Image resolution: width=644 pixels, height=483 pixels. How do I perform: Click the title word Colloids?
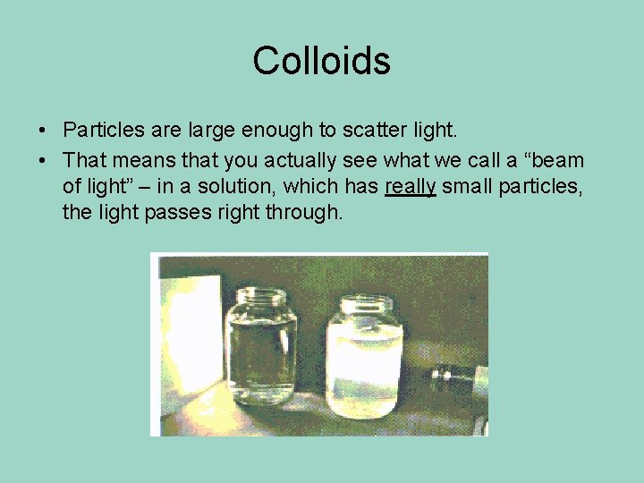(x=321, y=61)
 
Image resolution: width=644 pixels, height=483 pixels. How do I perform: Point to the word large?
(x=212, y=131)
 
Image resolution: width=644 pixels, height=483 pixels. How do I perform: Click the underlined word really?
(x=410, y=187)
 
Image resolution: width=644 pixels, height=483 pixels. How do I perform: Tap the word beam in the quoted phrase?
(x=555, y=161)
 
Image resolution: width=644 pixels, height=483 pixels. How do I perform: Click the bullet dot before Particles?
(x=43, y=131)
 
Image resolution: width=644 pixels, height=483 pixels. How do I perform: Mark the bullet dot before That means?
(x=43, y=161)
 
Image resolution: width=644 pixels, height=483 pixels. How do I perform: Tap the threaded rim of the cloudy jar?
(x=364, y=305)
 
